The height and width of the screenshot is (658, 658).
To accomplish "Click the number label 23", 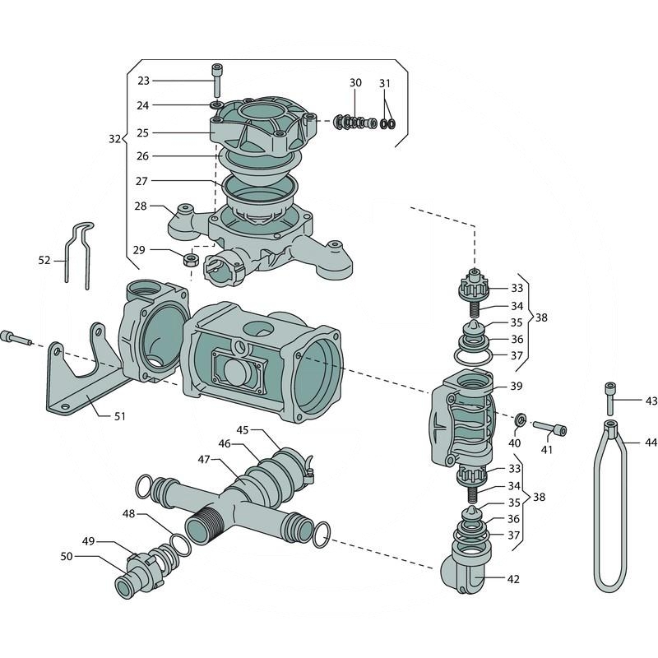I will coord(143,81).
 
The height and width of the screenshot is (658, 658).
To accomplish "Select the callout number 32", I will coord(114,139).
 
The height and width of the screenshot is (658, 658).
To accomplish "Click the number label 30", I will coord(355,83).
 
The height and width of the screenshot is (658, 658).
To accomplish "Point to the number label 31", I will coord(385,83).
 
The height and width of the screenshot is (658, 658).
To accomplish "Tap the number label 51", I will coord(119,415).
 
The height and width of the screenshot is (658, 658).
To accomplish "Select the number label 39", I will coord(516,387).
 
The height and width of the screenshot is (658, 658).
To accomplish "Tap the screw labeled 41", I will coord(550,428).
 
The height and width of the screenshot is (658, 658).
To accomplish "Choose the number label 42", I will coord(513,579).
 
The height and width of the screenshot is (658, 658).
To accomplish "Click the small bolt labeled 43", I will coord(609,399).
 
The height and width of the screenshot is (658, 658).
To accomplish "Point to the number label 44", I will coord(651,443).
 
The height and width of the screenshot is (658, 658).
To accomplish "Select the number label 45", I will coord(243,430).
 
